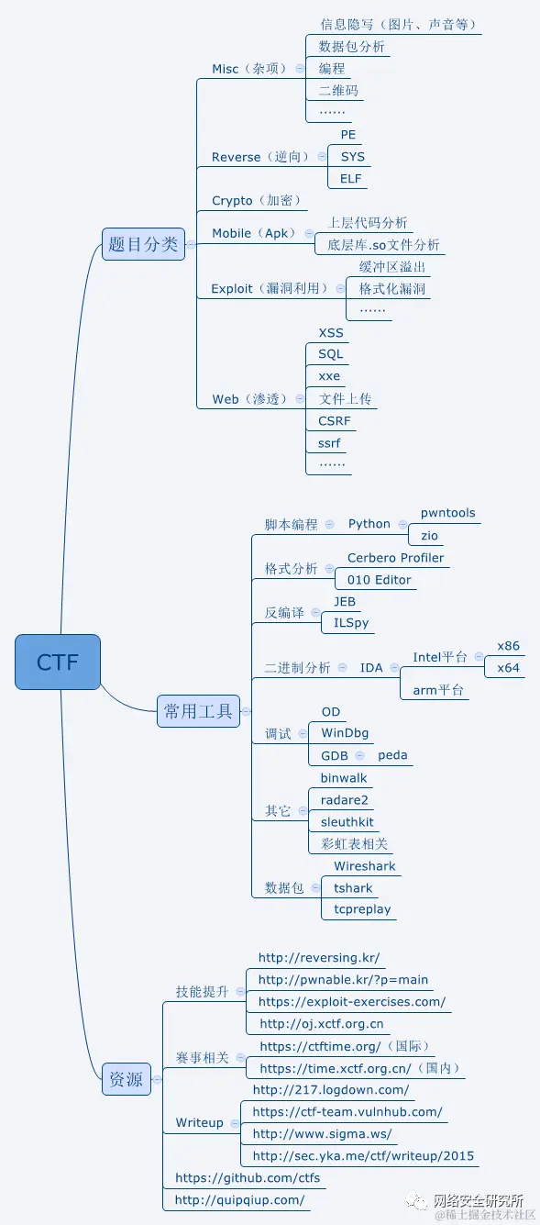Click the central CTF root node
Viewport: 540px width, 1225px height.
[57, 662]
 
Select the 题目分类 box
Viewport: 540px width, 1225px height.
[143, 244]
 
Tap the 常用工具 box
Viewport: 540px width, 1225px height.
[198, 710]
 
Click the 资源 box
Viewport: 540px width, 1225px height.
[126, 1079]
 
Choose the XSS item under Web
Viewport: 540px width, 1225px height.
[331, 332]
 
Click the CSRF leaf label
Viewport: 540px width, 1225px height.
[335, 421]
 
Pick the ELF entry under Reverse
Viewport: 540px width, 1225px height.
[351, 179]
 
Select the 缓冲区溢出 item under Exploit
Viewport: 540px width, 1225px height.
[392, 267]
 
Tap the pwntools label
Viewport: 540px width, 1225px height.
[447, 513]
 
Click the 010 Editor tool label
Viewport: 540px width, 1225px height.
[380, 580]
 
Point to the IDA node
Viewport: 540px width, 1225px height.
[371, 668]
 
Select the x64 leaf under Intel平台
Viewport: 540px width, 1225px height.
[509, 668]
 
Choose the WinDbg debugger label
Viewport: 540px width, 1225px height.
[345, 733]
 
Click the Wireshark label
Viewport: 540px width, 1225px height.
[365, 866]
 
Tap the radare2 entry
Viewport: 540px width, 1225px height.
[345, 800]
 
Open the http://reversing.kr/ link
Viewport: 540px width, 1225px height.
[319, 958]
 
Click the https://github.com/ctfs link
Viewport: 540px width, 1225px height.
[248, 1177]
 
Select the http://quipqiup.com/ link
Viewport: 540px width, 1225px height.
[239, 1199]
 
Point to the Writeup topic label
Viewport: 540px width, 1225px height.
[199, 1123]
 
